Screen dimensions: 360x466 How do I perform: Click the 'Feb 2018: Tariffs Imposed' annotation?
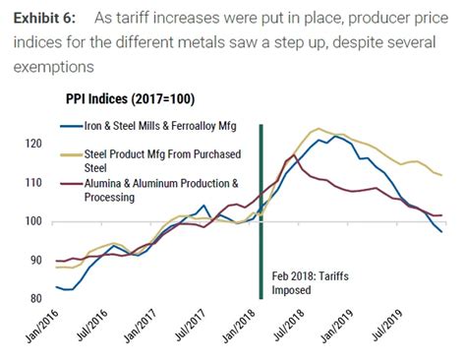[305, 284]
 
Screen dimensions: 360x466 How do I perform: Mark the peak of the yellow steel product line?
[319, 129]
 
